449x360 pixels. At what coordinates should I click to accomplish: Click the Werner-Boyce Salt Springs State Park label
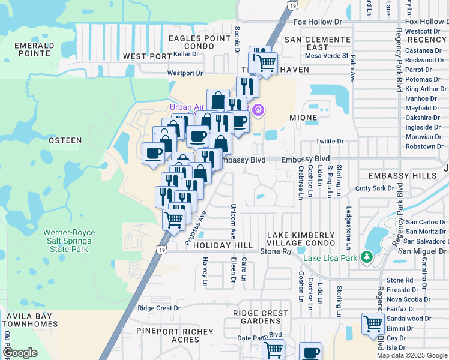tap(65, 240)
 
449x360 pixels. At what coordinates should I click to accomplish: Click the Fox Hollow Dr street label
tap(317, 22)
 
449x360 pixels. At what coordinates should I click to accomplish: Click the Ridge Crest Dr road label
tap(159, 308)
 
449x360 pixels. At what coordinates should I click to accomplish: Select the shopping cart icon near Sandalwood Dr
tap(373, 324)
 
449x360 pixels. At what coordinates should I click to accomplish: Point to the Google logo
tap(20, 353)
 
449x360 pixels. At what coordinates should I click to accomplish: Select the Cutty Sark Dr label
tap(375, 188)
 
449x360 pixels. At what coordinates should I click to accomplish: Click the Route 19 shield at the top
tap(292, 5)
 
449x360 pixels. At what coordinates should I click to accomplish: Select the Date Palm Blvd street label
tap(259, 337)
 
